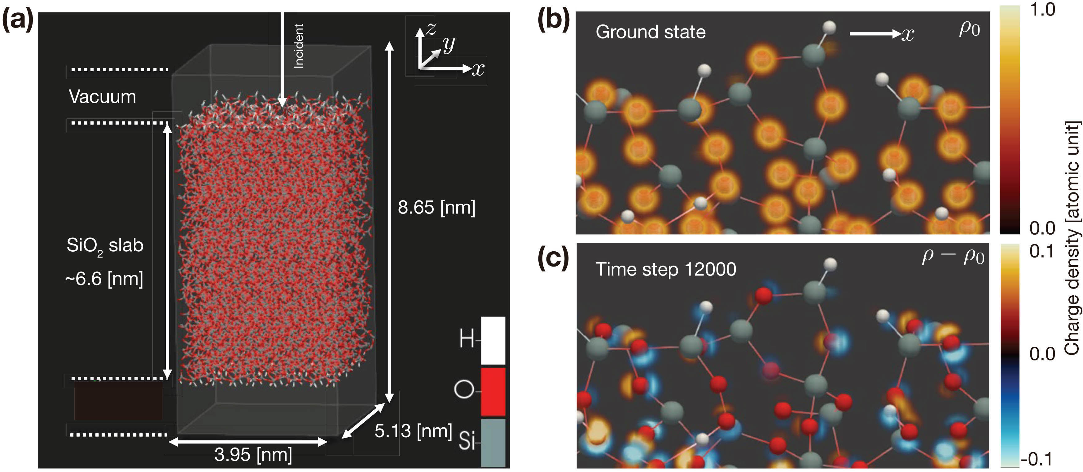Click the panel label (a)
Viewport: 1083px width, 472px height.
(x=18, y=20)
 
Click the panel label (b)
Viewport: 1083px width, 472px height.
(x=554, y=20)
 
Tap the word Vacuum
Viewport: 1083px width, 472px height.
(x=103, y=97)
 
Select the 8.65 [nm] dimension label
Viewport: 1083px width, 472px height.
(x=436, y=207)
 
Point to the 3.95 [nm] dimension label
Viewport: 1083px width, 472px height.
(x=253, y=455)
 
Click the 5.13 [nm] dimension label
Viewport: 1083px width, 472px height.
(x=413, y=431)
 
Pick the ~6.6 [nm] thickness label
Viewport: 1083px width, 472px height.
(x=104, y=279)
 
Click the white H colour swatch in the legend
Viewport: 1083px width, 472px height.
(x=493, y=340)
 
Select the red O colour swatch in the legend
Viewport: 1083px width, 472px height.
(x=493, y=391)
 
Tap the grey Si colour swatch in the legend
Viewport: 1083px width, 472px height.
(x=493, y=442)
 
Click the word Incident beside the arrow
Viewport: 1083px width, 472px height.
(x=299, y=46)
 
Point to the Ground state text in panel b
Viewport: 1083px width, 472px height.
(x=651, y=32)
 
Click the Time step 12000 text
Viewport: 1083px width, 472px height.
(x=665, y=269)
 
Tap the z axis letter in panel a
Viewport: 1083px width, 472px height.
(x=431, y=29)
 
